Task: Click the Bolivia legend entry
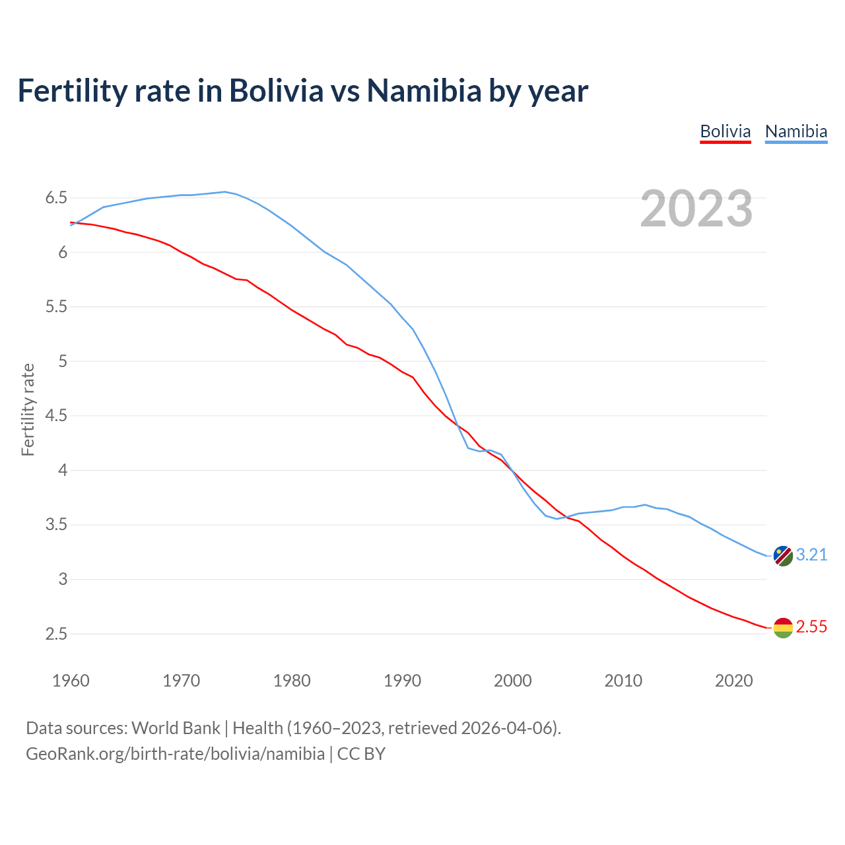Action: click(725, 131)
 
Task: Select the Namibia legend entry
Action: click(795, 131)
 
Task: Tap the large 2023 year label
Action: click(696, 209)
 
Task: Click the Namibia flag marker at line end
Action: click(782, 556)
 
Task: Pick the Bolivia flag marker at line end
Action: click(782, 628)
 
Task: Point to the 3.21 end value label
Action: click(811, 555)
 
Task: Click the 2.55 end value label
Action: click(811, 627)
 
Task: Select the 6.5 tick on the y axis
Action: click(56, 198)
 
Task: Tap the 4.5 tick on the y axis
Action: click(56, 416)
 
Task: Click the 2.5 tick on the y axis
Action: click(56, 634)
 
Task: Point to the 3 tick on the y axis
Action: click(63, 580)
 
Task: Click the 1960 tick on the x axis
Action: click(71, 681)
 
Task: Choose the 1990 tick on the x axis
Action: click(402, 681)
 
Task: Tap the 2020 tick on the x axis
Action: click(733, 681)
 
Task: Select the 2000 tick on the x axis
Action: click(512, 681)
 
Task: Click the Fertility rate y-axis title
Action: click(28, 409)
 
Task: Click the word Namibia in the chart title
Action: click(424, 91)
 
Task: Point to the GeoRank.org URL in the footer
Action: click(175, 754)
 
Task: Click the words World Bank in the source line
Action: click(176, 728)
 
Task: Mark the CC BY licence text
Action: click(361, 754)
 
